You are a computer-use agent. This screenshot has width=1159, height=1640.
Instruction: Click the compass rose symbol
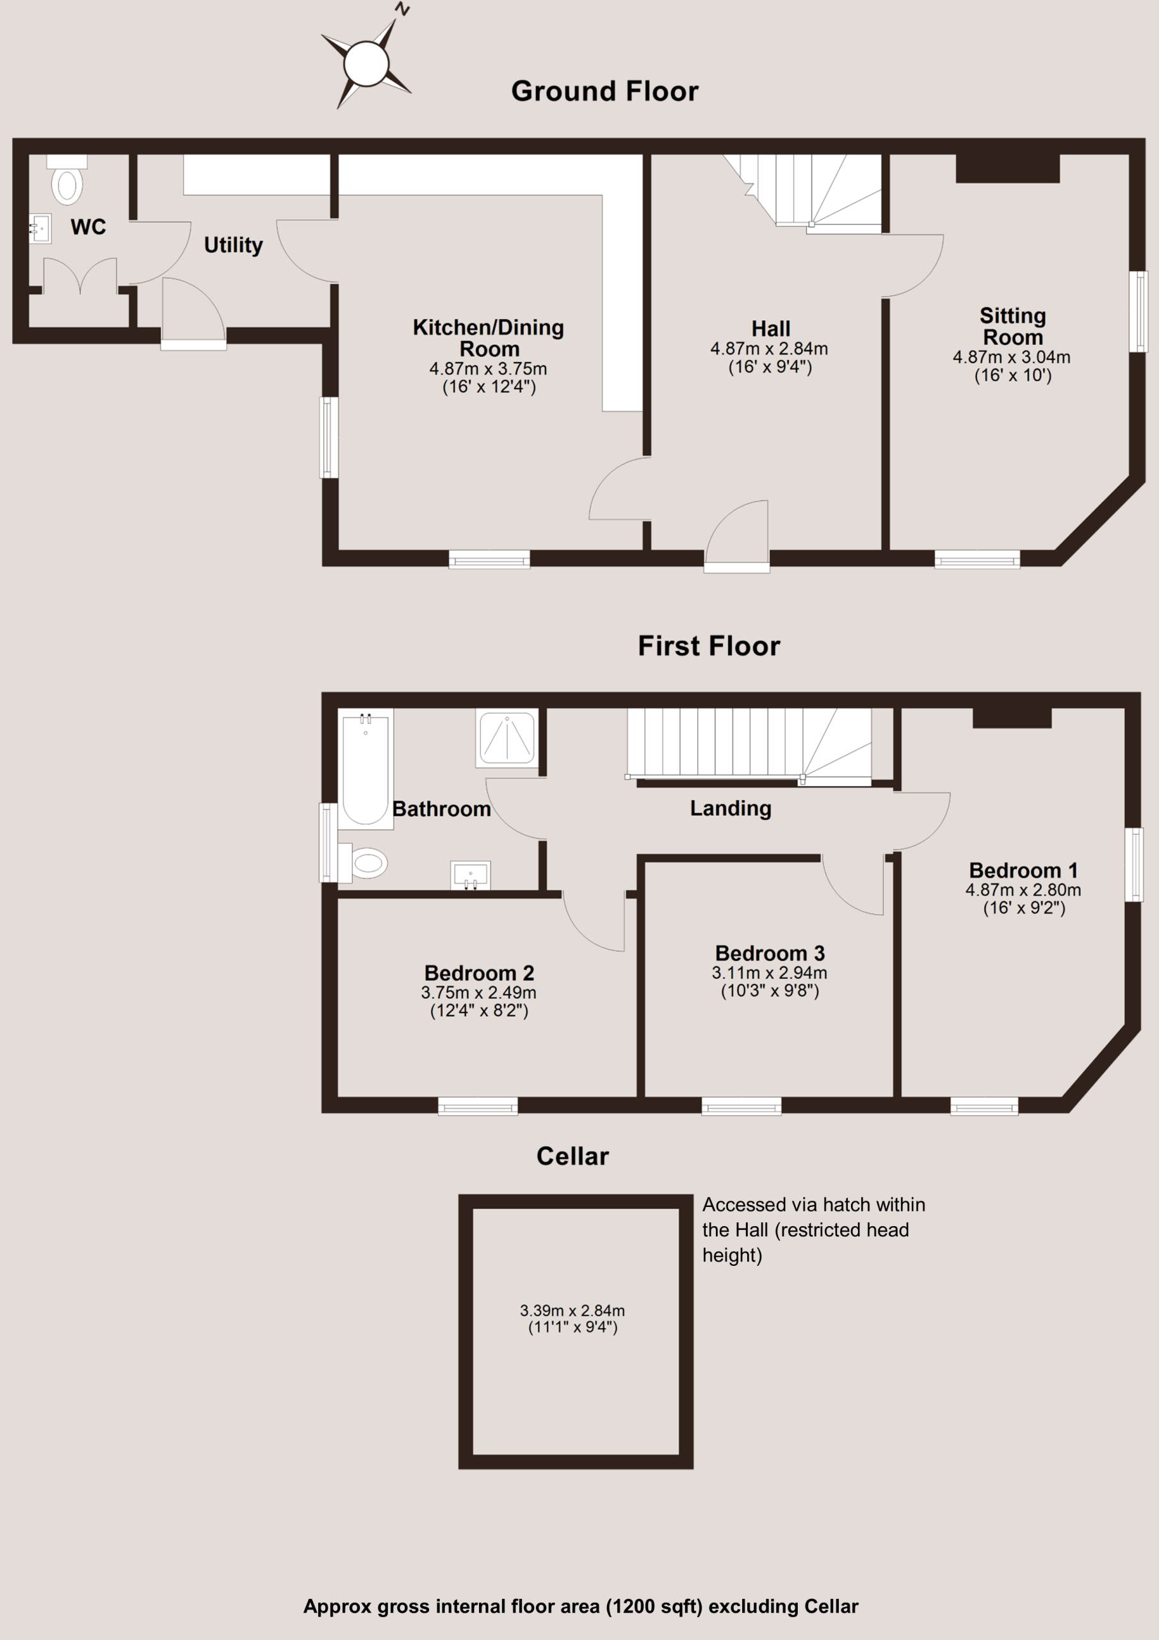pos(366,63)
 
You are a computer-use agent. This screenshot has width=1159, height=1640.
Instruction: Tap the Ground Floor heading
pos(605,92)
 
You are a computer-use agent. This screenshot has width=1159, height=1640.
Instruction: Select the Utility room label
pos(234,245)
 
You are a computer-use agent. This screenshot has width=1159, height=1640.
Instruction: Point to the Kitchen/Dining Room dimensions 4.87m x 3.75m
pos(489,368)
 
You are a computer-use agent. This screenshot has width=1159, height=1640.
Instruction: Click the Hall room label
pos(770,329)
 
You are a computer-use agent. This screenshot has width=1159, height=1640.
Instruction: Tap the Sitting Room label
pos(1012,327)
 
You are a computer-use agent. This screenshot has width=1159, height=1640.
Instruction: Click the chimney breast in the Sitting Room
pos(1008,168)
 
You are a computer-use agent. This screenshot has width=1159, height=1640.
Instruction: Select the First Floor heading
pos(709,646)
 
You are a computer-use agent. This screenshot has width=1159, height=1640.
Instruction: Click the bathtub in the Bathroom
pos(366,769)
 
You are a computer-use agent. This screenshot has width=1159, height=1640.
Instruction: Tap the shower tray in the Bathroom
pos(507,739)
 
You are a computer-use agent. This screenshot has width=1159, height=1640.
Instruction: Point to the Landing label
pos(731,808)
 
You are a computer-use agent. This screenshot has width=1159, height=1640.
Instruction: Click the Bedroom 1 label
pos(1023,871)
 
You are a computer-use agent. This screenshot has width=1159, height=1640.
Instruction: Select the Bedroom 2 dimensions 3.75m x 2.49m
pos(478,992)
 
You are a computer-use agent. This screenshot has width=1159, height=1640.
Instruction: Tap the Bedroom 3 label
pos(770,954)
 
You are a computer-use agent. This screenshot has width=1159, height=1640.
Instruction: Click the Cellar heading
pos(572,1156)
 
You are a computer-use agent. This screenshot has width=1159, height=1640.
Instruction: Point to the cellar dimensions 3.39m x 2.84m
pos(572,1311)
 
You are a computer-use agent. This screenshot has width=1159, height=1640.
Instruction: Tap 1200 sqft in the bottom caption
pos(653,1607)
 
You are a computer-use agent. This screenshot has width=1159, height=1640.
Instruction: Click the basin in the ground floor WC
pos(41,229)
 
